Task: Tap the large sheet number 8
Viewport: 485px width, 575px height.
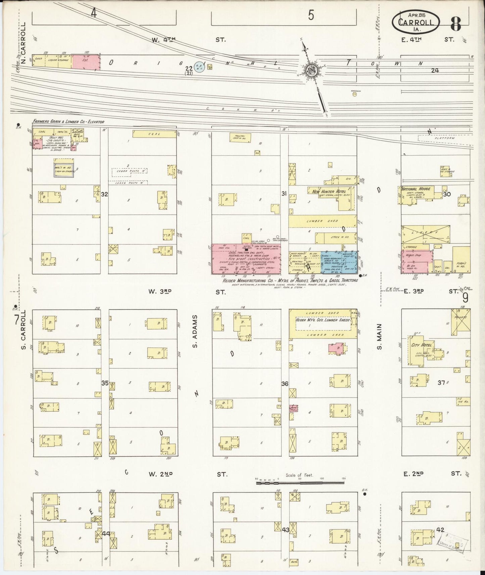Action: click(456, 22)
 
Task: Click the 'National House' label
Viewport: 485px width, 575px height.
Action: click(416, 189)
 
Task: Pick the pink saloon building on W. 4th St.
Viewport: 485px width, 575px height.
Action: click(86, 62)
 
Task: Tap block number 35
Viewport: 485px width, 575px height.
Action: click(105, 383)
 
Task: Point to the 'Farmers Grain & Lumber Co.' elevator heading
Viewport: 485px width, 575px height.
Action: click(68, 122)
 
